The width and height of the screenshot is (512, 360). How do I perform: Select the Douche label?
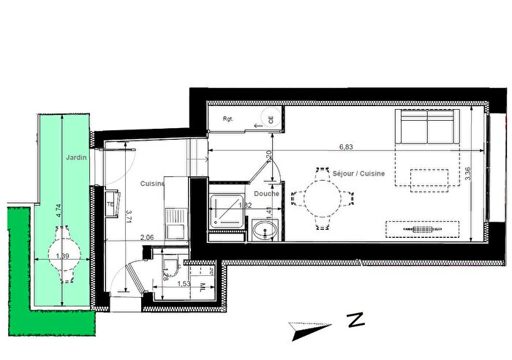pos(268,193)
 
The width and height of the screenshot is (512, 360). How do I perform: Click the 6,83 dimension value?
pos(347,147)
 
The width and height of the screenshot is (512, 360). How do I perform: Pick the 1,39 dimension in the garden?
pos(63,256)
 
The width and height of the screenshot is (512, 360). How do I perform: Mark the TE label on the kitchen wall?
pos(110,205)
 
